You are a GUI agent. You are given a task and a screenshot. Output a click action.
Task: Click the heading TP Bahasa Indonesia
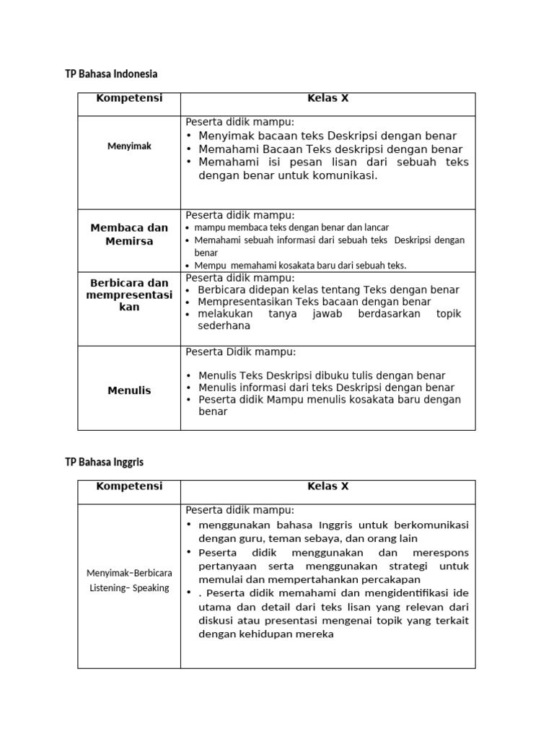click(x=111, y=74)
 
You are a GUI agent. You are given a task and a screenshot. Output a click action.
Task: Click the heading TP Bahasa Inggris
click(x=109, y=461)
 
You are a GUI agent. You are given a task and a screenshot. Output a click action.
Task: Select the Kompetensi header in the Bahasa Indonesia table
click(x=129, y=98)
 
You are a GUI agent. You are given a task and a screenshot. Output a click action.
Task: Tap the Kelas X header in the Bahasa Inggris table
click(x=327, y=486)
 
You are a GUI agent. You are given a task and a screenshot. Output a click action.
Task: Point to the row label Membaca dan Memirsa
click(x=129, y=234)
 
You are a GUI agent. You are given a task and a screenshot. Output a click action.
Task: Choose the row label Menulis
click(x=129, y=390)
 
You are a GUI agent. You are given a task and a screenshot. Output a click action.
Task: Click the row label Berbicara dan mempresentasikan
click(x=129, y=294)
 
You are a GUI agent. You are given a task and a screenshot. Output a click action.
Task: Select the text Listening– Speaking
click(x=129, y=587)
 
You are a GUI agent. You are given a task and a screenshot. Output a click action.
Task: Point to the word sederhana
click(x=224, y=325)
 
